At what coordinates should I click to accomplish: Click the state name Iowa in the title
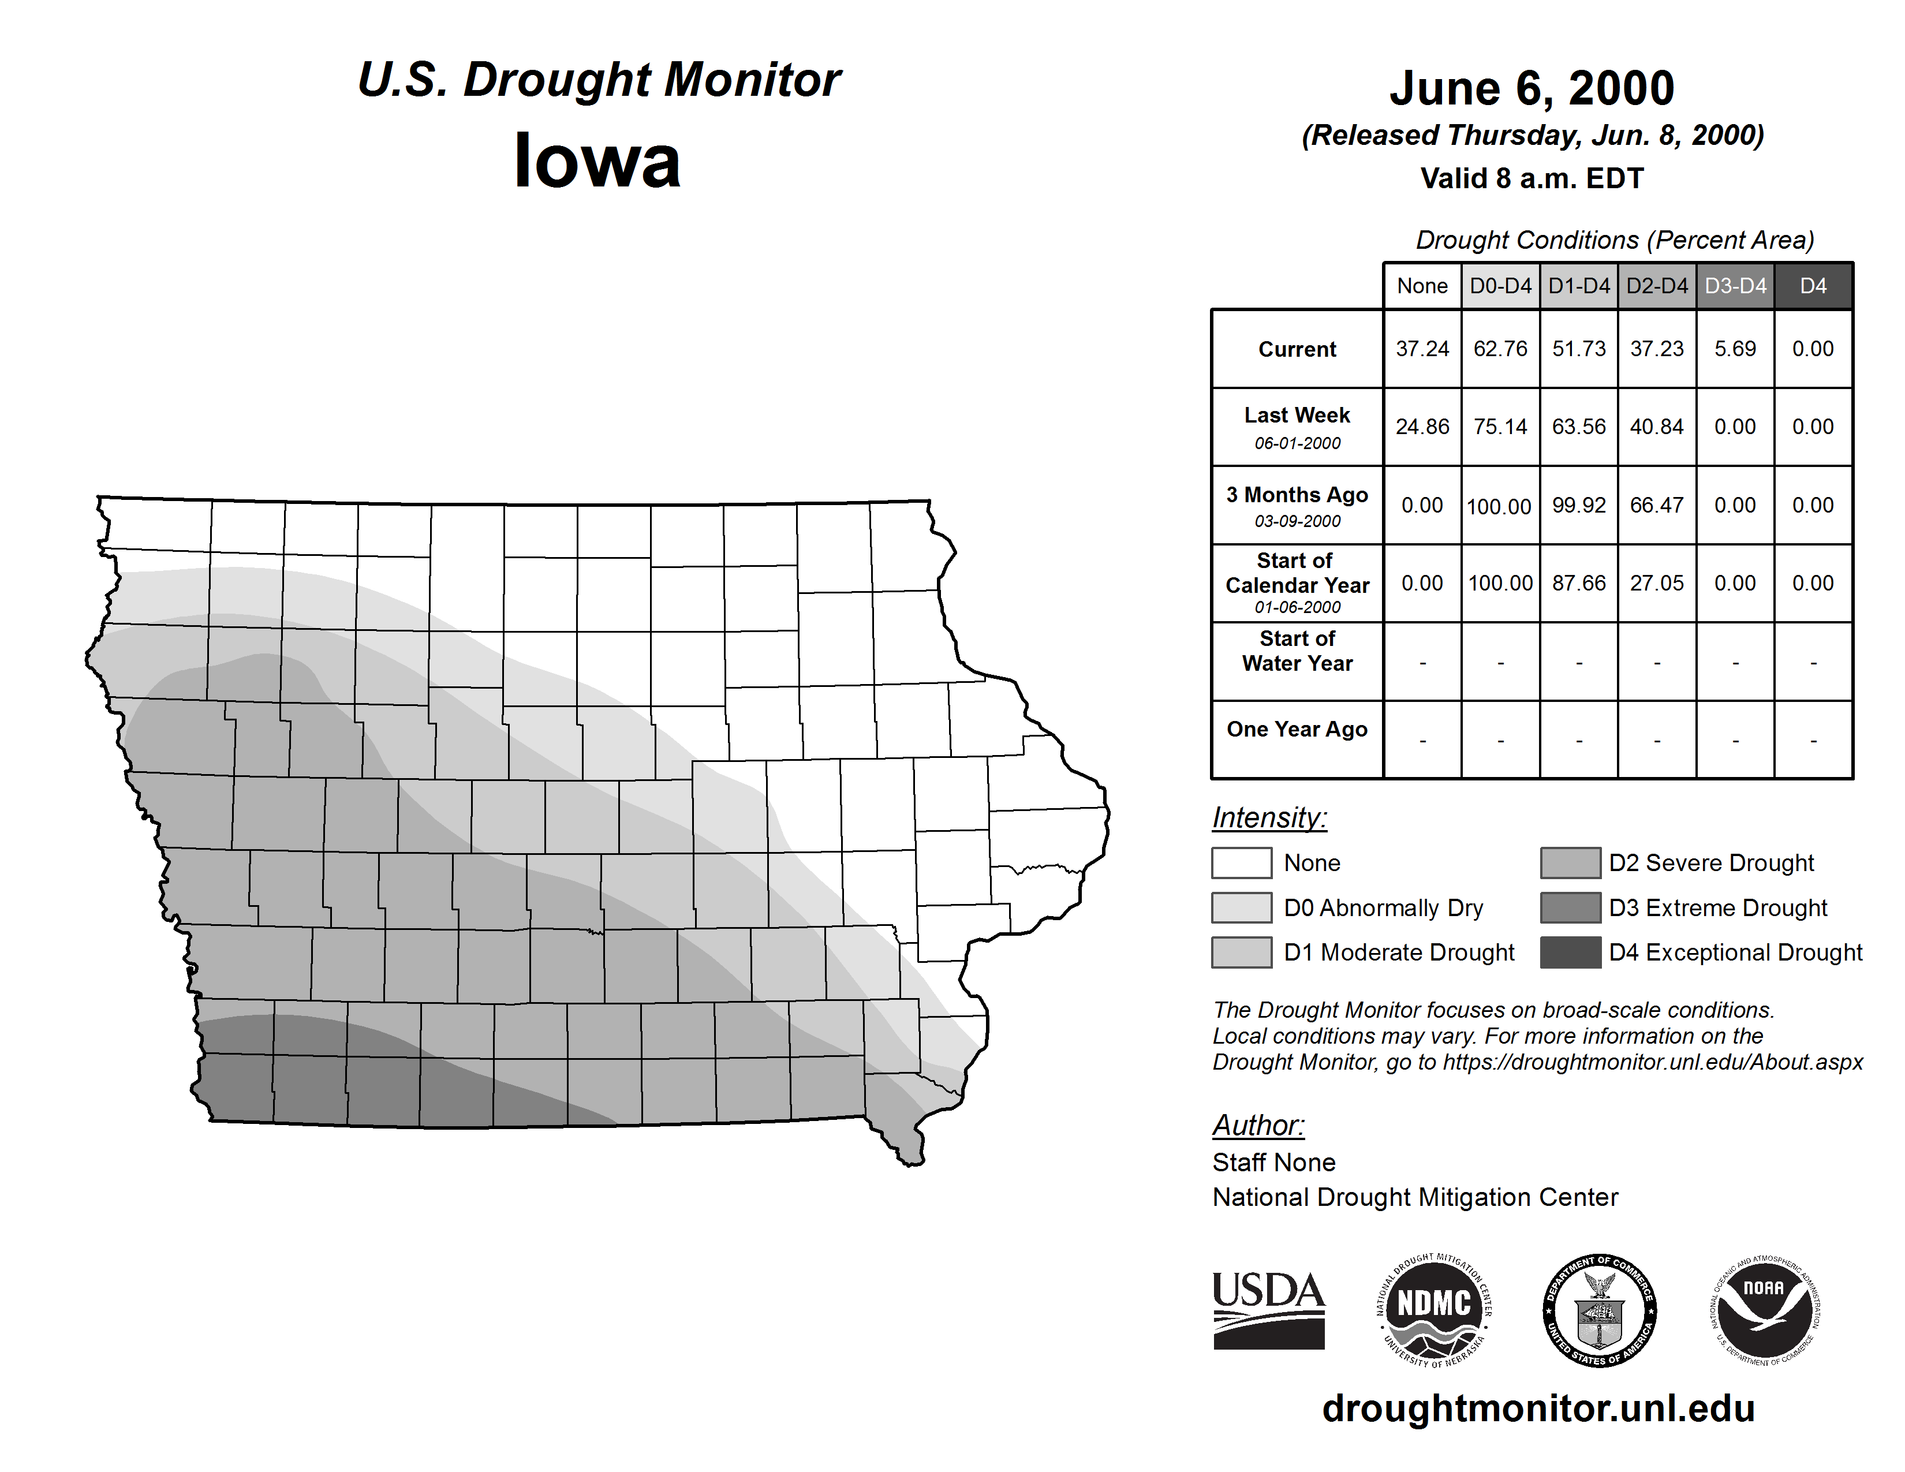[x=597, y=161]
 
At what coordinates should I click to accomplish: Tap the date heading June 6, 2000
[x=1532, y=88]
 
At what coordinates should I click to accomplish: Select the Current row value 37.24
[x=1422, y=349]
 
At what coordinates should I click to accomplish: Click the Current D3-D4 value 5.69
[x=1735, y=349]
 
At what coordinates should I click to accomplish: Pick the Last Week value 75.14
[x=1500, y=427]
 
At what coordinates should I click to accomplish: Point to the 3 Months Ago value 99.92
[x=1579, y=505]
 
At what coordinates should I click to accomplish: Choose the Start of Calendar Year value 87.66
[x=1579, y=582]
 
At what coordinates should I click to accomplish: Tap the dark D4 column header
[x=1813, y=286]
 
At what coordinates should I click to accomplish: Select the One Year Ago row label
[x=1297, y=729]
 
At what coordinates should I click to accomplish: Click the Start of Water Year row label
[x=1297, y=651]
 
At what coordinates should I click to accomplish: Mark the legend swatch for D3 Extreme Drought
[x=1570, y=907]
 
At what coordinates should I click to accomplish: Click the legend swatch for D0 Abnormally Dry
[x=1241, y=907]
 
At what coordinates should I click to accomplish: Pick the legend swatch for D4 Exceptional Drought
[x=1570, y=952]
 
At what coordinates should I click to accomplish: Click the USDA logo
[x=1268, y=1310]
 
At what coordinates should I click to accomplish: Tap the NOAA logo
[x=1765, y=1310]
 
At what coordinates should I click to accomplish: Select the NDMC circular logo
[x=1434, y=1310]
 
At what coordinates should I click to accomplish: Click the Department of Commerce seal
[x=1600, y=1310]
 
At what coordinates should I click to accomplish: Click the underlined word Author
[x=1258, y=1125]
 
